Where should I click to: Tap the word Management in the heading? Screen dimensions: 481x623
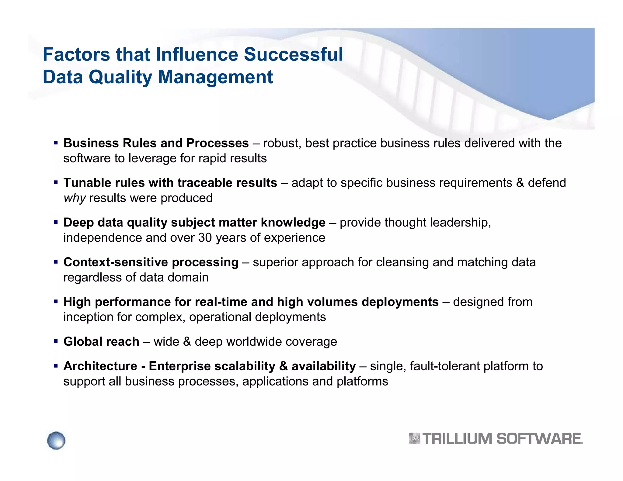point(215,77)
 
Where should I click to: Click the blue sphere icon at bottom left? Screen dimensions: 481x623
point(56,440)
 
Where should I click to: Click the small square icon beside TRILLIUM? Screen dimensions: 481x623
point(414,438)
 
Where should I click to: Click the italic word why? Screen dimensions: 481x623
point(75,198)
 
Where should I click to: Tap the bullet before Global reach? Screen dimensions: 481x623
point(56,341)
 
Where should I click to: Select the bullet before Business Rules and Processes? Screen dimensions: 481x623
point(56,143)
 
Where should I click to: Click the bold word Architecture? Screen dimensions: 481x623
point(100,366)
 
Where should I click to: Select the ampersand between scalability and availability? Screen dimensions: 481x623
point(283,366)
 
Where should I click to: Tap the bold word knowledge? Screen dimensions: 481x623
point(293,223)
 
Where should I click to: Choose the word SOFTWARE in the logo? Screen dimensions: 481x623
point(539,439)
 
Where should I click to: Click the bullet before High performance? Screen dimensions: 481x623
point(56,302)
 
